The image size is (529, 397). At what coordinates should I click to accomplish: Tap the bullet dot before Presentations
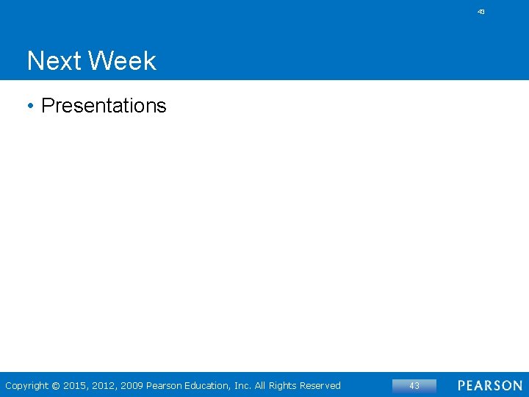click(x=30, y=106)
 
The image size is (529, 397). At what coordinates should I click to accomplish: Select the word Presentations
click(x=104, y=106)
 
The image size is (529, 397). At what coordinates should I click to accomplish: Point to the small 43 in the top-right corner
click(x=481, y=12)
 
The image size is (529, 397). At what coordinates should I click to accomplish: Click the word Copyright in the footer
click(x=26, y=386)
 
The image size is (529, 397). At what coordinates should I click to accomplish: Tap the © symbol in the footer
click(x=56, y=386)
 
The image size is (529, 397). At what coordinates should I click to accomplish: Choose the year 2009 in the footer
click(x=132, y=386)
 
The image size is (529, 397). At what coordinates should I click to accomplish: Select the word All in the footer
click(x=262, y=386)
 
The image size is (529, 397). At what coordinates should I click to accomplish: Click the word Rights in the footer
click(x=286, y=386)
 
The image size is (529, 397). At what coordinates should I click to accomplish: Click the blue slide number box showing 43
click(x=414, y=386)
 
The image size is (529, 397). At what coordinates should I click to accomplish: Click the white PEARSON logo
click(x=490, y=386)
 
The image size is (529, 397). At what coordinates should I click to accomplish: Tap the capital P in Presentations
click(x=48, y=106)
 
